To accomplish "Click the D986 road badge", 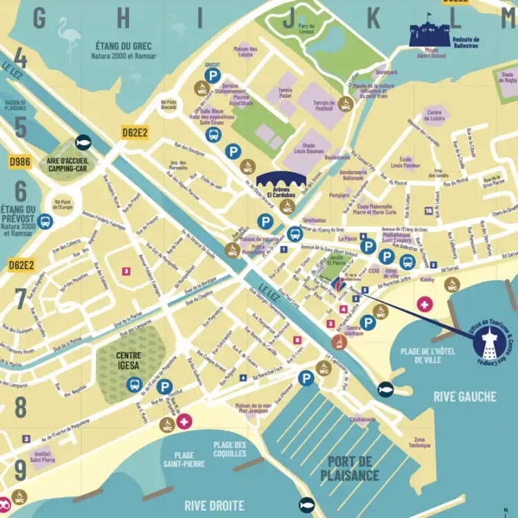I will tap(20, 162).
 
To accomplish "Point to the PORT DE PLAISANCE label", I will tap(350, 468).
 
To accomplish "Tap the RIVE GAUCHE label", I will tap(464, 396).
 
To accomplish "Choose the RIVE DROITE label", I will tap(215, 506).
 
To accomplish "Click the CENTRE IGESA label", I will tap(129, 361).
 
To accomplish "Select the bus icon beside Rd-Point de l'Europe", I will tap(46, 222).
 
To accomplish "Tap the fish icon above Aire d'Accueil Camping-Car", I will tap(83, 140).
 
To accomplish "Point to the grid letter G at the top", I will tap(39, 19).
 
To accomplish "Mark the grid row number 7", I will tap(21, 299).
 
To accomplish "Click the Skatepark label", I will tap(386, 73).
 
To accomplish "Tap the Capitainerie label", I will tap(362, 419).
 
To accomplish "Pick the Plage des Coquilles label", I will tap(230, 450).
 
